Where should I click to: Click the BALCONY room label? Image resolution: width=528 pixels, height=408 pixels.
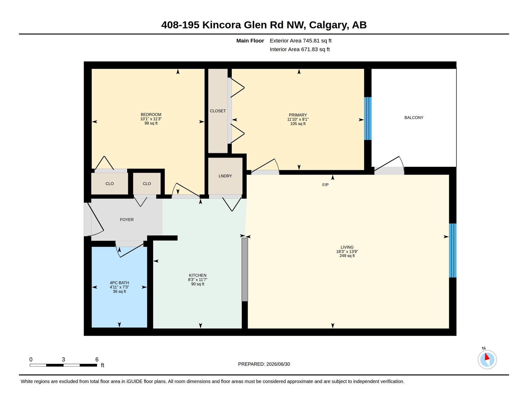414,118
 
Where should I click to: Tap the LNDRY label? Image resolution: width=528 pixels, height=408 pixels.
225,176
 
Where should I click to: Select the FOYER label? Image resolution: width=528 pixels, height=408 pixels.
127,220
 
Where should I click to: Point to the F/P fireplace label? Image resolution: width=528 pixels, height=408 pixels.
325,185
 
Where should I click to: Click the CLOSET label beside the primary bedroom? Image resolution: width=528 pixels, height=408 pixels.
218,111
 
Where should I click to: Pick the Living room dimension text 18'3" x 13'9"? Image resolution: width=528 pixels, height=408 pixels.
347,252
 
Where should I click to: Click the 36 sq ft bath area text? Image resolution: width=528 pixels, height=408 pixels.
119,291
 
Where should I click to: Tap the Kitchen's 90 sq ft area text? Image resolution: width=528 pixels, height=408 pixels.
198,284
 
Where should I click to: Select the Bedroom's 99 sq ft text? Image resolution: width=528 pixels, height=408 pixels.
151,123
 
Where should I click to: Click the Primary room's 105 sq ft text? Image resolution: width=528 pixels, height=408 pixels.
298,124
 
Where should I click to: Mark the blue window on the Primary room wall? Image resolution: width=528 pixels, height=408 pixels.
368,118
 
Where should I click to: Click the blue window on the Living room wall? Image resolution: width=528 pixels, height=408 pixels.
453,250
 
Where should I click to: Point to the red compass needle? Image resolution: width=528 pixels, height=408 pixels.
487,356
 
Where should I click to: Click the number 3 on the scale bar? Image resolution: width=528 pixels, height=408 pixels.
63,359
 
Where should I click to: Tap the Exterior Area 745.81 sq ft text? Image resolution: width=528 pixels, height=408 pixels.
301,41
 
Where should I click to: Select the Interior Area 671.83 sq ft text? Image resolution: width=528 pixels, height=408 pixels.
300,49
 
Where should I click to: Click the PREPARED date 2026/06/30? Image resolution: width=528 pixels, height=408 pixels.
278,364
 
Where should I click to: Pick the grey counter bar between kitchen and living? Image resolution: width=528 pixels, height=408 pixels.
245,270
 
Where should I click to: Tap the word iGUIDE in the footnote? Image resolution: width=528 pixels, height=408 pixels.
134,381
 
